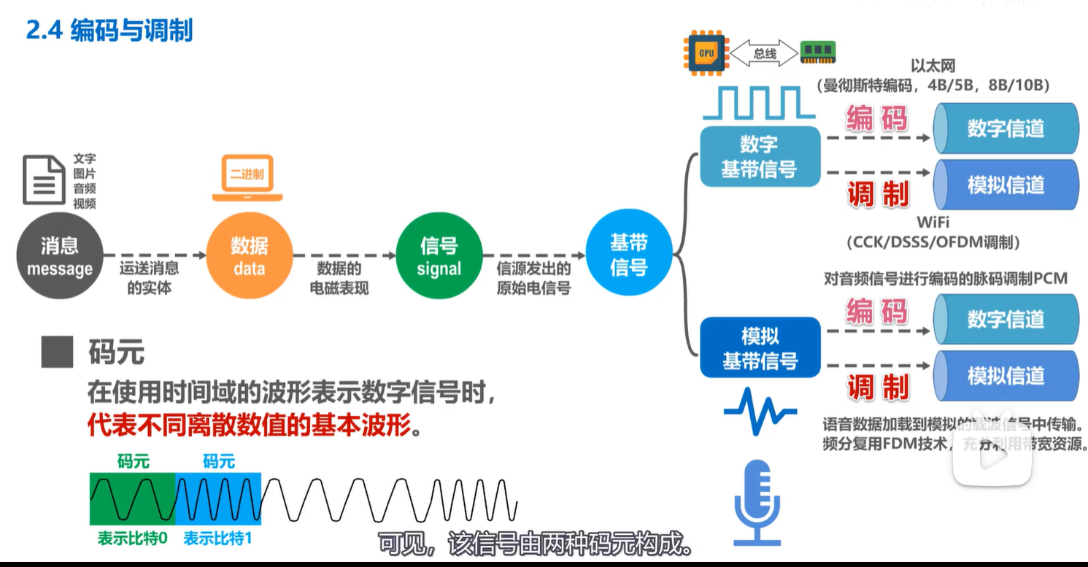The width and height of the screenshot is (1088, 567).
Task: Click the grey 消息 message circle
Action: [60, 256]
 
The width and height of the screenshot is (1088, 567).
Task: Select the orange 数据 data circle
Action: [249, 256]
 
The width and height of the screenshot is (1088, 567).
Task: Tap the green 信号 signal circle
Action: [439, 256]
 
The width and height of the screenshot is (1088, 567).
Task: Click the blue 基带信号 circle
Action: [628, 256]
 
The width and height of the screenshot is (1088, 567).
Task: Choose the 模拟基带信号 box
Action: [760, 348]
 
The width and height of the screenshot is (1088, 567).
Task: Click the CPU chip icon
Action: [706, 53]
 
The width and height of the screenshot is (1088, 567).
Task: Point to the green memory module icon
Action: [817, 52]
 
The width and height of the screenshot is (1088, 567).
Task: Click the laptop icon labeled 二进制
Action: [247, 177]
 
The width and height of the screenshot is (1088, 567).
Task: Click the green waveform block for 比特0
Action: [133, 498]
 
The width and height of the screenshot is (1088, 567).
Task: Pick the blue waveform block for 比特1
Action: [218, 498]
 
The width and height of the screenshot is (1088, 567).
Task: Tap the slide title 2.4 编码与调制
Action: [109, 31]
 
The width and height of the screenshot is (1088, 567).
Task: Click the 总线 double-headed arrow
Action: [764, 53]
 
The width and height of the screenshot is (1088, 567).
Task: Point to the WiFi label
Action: [933, 222]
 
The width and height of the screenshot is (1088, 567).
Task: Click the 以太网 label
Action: [933, 67]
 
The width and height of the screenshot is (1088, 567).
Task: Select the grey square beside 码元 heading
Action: [57, 352]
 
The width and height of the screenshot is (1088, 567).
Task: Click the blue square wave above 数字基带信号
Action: [758, 103]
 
